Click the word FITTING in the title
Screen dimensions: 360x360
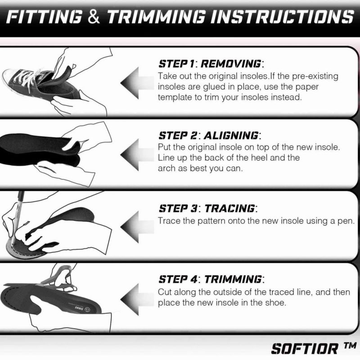pyautogui.click(x=44, y=17)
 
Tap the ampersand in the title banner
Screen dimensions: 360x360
pyautogui.click(x=94, y=17)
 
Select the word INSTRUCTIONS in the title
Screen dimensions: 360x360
pyautogui.click(x=282, y=17)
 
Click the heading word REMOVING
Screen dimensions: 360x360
pyautogui.click(x=231, y=64)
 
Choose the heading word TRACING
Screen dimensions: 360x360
pyautogui.click(x=229, y=208)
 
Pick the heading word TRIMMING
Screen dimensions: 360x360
pyautogui.click(x=233, y=279)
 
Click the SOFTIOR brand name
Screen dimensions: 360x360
pyautogui.click(x=305, y=349)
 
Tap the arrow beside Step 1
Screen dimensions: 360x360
pyautogui.click(x=137, y=83)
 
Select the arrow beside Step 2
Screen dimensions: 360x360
pyautogui.click(x=137, y=154)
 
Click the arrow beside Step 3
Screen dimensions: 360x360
pyautogui.click(x=137, y=227)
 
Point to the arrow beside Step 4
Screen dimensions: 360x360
pyautogui.click(x=137, y=299)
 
